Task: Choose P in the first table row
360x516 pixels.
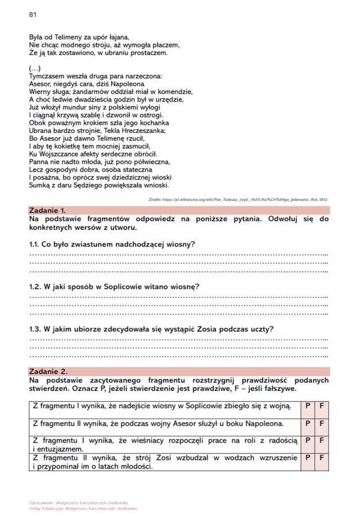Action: pyautogui.click(x=308, y=406)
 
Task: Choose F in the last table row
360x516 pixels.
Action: pyautogui.click(x=322, y=458)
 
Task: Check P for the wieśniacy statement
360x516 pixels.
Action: pyautogui.click(x=308, y=440)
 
